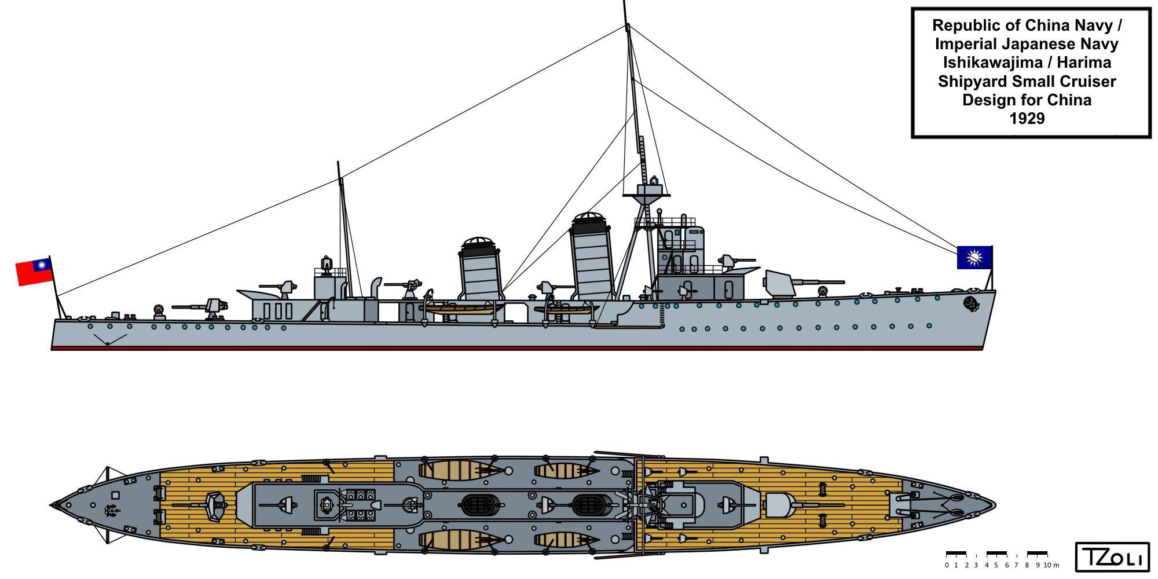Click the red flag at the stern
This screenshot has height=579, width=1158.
(x=34, y=272)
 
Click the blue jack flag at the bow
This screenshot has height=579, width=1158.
(x=974, y=257)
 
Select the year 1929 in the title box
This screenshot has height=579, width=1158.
(x=1027, y=118)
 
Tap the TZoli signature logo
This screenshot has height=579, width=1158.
(x=1112, y=558)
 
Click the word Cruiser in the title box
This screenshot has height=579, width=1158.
(x=1086, y=81)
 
